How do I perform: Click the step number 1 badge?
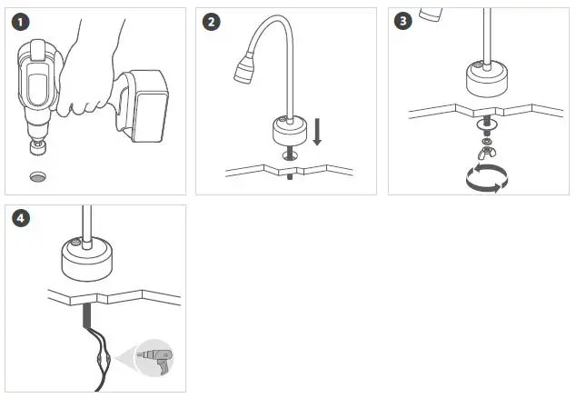pyautogui.click(x=20, y=22)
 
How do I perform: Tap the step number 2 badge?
pyautogui.click(x=211, y=22)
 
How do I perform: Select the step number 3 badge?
pyautogui.click(x=403, y=21)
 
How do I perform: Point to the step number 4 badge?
pyautogui.click(x=21, y=218)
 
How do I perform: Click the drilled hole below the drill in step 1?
pyautogui.click(x=38, y=177)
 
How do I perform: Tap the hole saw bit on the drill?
pyautogui.click(x=38, y=146)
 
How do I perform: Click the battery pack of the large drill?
pyautogui.click(x=148, y=105)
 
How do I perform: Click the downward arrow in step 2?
pyautogui.click(x=317, y=132)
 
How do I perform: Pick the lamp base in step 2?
pyautogui.click(x=290, y=131)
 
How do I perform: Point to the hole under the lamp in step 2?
pyautogui.click(x=290, y=155)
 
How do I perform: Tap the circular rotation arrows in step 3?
pyautogui.click(x=487, y=178)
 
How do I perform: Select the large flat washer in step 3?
pyautogui.click(x=487, y=124)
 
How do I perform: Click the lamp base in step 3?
pyautogui.click(x=487, y=79)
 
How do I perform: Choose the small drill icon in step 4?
pyautogui.click(x=154, y=359)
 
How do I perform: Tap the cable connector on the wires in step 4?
pyautogui.click(x=99, y=358)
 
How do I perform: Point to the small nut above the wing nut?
pyautogui.click(x=487, y=141)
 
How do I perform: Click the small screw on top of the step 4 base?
pyautogui.click(x=76, y=242)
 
